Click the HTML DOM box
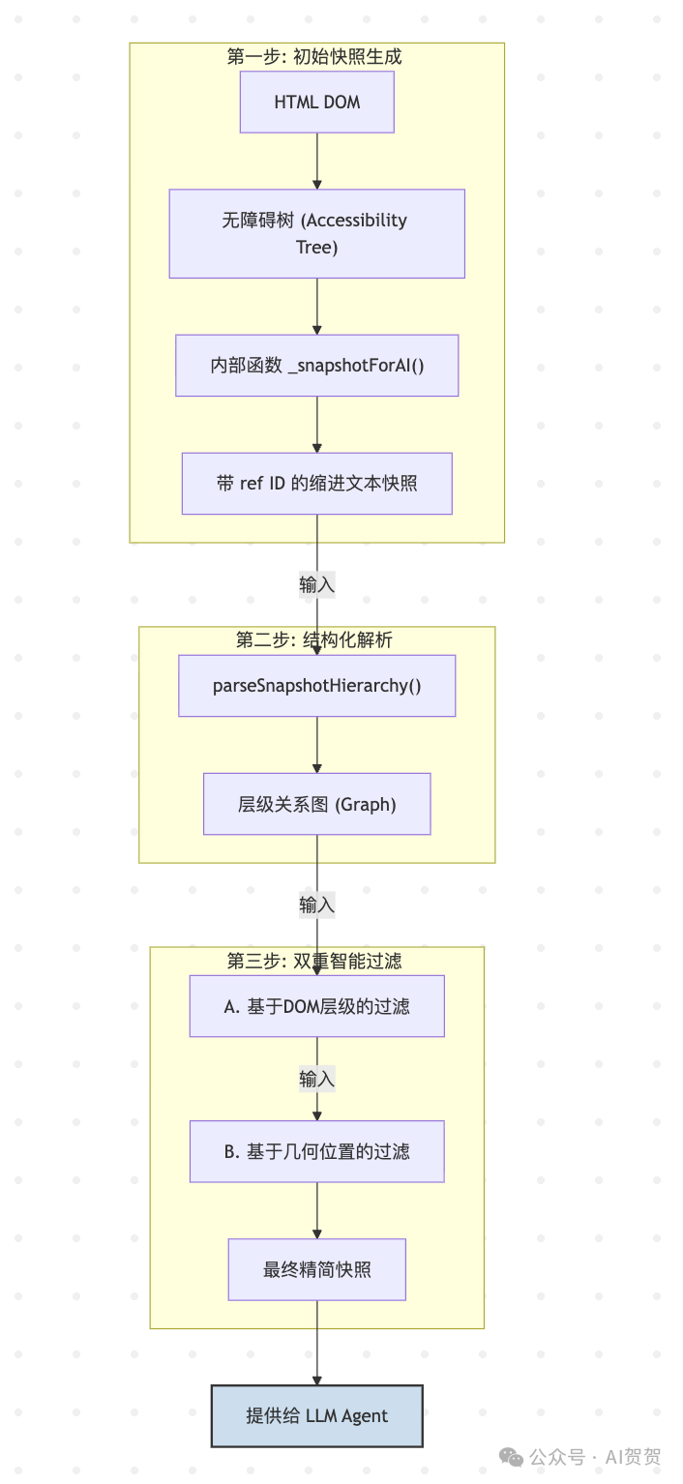pos(316,102)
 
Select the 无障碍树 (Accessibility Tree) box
pos(316,233)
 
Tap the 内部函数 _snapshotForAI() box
pos(316,366)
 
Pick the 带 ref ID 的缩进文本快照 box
pos(316,483)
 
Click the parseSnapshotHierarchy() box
pos(316,686)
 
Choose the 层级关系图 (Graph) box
pos(316,804)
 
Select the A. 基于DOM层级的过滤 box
pos(316,1006)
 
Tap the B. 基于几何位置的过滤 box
pos(316,1151)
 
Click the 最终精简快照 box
pos(316,1269)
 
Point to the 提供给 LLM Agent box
pos(316,1415)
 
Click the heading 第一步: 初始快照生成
pos(314,56)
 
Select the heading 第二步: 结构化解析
pos(314,639)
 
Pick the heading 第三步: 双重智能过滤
pos(314,961)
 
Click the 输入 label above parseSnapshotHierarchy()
pos(316,584)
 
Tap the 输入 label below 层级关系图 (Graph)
pos(316,905)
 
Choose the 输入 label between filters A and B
pos(316,1079)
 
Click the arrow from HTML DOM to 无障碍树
pos(316,161)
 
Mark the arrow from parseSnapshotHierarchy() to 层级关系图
pos(316,745)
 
